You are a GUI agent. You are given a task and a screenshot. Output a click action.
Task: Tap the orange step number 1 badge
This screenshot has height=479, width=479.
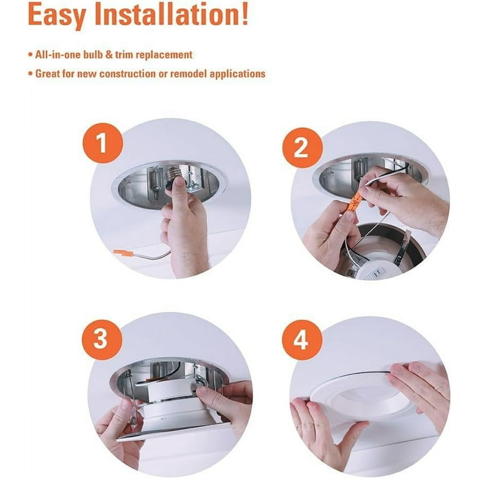[x=102, y=143]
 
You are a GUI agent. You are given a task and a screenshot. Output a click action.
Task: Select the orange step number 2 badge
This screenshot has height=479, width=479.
[x=302, y=148]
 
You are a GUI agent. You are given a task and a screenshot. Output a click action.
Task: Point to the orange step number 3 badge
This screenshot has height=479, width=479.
[x=102, y=340]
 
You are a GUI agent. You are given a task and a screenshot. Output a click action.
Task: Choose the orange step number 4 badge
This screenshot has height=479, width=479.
[x=302, y=341]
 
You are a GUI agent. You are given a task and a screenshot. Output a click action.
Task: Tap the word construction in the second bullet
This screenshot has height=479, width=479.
[x=127, y=74]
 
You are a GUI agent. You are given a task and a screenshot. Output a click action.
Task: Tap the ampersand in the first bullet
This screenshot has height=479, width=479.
[x=109, y=55]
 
